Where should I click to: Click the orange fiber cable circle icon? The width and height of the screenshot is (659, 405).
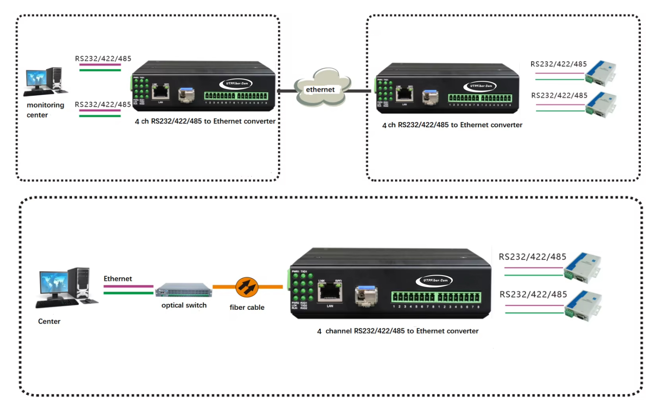click(x=247, y=287)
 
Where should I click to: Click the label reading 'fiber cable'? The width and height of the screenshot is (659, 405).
click(x=247, y=308)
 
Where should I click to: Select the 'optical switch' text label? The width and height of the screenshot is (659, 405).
click(x=184, y=305)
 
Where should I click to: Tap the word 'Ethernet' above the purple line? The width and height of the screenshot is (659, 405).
click(x=118, y=279)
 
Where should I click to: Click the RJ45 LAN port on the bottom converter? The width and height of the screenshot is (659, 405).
click(x=330, y=292)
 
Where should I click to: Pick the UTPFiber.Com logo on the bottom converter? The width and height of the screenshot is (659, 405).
click(x=435, y=280)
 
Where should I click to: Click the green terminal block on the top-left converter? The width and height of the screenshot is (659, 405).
click(x=236, y=96)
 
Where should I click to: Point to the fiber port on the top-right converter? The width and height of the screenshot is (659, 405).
click(x=430, y=97)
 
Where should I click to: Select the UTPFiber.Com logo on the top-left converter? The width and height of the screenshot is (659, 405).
click(x=236, y=83)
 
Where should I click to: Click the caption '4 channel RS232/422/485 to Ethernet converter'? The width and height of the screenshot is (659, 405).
click(x=398, y=331)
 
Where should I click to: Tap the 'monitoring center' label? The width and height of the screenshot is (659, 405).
click(x=45, y=110)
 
